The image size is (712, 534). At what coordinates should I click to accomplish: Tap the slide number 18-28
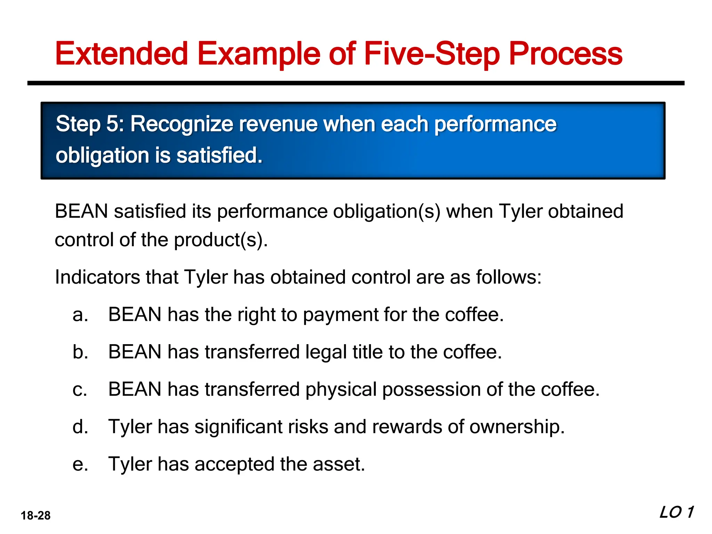point(35,515)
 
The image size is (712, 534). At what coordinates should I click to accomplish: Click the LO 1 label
point(677,512)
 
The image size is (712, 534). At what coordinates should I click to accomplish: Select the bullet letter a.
point(80,315)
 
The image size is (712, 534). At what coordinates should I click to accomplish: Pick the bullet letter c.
point(80,389)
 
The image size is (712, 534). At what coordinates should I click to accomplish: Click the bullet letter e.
point(80,464)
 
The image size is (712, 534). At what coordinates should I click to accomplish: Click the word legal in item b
point(326,352)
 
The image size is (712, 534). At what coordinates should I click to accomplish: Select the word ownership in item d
point(516,427)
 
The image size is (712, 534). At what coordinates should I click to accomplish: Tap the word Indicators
point(97,277)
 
